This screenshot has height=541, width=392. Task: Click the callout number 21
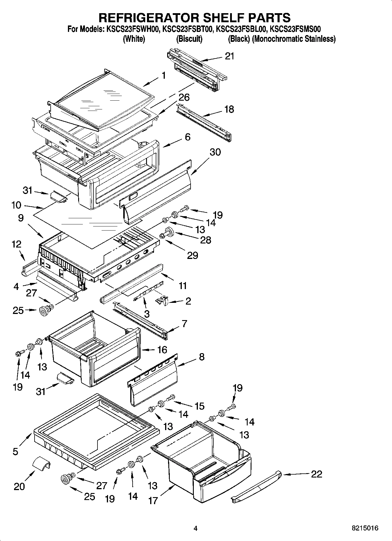click(230, 56)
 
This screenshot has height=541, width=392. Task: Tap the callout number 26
click(184, 97)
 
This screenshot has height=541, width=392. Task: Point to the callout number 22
click(316, 474)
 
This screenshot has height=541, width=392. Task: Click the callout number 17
click(153, 500)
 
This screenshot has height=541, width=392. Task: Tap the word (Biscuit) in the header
click(189, 39)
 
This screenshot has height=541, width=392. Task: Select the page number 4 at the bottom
click(196, 528)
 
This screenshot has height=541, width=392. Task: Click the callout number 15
click(200, 406)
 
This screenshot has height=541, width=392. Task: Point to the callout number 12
click(16, 244)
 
